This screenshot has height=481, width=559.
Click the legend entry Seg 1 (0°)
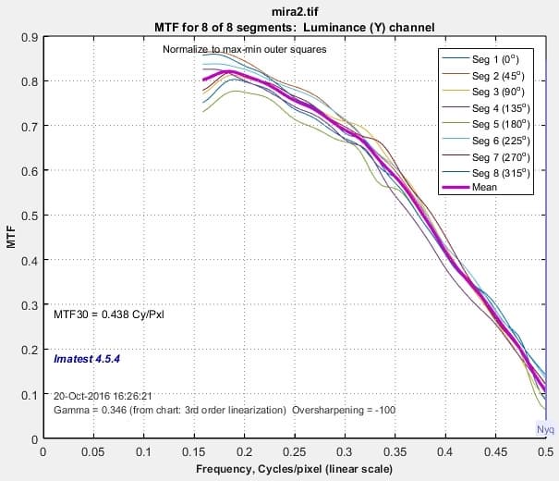click(497, 59)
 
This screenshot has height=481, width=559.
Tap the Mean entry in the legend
click(485, 187)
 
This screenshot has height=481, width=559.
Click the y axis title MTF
click(11, 239)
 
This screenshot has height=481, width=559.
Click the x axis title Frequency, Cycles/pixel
click(294, 470)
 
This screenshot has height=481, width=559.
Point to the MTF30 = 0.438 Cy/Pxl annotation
click(110, 314)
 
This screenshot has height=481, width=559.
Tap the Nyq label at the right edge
click(546, 430)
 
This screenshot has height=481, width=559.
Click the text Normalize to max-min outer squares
click(244, 49)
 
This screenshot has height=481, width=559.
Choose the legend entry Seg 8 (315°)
click(499, 171)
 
